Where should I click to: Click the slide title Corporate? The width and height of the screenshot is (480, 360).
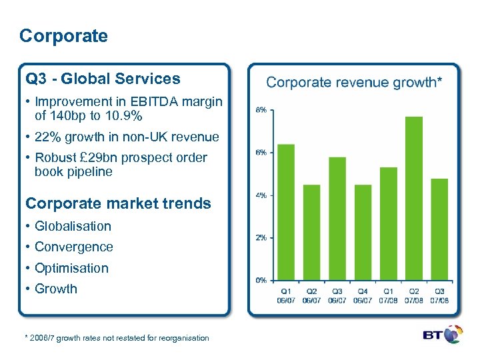pos(63,36)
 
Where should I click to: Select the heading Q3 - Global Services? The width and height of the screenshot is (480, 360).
pos(103,79)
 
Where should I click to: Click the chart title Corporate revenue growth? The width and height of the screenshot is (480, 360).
pos(353,83)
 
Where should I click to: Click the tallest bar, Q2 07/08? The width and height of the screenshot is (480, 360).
pos(414,198)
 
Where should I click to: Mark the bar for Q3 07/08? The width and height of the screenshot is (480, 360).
pos(439,229)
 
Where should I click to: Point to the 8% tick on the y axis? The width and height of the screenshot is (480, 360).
pos(262,109)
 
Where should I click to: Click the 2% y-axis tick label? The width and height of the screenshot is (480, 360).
pos(262,237)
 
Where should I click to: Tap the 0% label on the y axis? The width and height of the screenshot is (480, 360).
pos(262,280)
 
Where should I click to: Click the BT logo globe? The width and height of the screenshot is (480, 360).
pos(453,334)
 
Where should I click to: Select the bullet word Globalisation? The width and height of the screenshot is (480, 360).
pos(73,226)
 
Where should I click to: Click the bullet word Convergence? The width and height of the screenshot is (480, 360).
pos(73,247)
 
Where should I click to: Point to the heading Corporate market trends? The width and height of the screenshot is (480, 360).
pos(118,203)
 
